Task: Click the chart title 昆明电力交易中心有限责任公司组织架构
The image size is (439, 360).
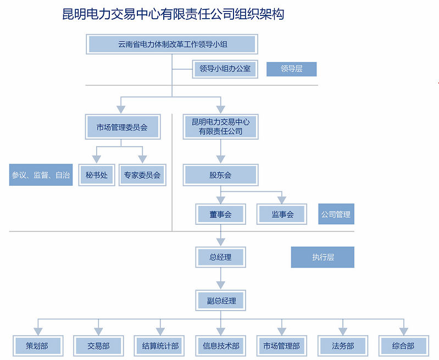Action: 173,14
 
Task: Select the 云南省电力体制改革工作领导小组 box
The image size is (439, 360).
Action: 172,44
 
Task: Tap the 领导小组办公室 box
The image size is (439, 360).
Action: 225,69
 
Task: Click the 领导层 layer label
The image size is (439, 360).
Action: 291,69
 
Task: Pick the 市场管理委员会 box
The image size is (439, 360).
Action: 123,127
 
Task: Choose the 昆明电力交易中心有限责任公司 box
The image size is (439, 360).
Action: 220,127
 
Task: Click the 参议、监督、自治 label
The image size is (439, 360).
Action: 41,175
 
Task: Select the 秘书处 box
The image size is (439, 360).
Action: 97,175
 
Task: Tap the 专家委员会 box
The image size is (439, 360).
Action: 142,175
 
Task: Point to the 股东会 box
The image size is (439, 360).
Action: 220,175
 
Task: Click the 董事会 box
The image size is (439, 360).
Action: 220,214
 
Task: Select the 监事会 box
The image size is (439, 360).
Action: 282,214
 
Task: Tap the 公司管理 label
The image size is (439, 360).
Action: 336,214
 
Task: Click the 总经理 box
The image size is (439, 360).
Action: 220,257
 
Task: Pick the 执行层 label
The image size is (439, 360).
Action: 323,257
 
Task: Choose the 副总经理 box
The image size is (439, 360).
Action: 220,301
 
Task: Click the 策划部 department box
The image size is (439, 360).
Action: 37,346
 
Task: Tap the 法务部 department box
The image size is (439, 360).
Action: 343,346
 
